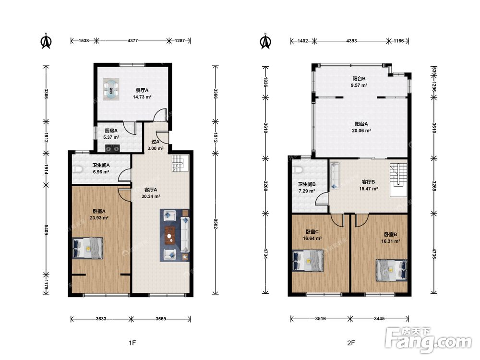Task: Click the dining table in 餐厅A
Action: click(111, 89)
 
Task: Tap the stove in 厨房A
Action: click(112, 148)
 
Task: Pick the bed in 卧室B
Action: click(392, 270)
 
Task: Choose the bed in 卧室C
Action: click(308, 261)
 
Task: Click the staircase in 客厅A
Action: click(179, 163)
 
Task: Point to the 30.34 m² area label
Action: click(151, 196)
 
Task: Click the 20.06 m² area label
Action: click(361, 131)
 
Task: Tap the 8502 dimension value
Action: click(215, 224)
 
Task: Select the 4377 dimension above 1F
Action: click(132, 40)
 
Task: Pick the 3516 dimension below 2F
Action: click(320, 319)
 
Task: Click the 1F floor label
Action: click(132, 343)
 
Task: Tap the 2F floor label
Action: click(351, 343)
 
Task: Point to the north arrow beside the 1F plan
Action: click(46, 41)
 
